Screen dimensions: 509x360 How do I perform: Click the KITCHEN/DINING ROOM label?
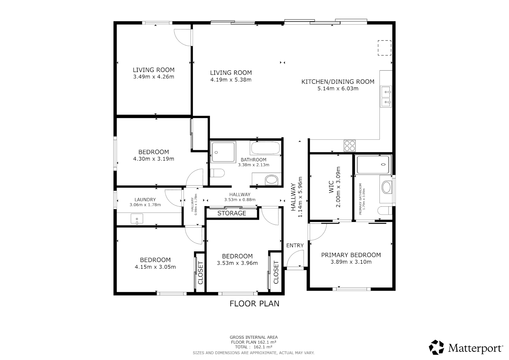338,82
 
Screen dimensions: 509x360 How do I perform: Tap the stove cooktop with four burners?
349,146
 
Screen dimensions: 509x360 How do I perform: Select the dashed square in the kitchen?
384,48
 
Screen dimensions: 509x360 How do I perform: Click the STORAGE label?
232,213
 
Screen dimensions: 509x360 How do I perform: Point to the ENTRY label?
295,245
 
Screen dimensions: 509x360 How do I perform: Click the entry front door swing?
295,259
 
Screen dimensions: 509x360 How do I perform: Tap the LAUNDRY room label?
145,200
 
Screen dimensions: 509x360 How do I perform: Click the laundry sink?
137,219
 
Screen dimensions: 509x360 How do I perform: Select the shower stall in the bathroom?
223,152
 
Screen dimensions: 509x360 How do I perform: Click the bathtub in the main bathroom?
265,148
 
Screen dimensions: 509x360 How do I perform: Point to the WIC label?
331,187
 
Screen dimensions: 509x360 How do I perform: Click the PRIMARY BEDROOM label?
351,255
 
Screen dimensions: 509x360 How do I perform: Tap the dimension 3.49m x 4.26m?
154,77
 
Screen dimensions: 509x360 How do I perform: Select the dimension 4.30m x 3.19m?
154,159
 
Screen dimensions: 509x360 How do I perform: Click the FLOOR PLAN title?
254,304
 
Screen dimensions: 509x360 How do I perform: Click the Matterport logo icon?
436,347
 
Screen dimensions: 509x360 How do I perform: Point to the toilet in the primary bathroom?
385,211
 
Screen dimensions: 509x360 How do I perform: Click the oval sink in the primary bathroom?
386,187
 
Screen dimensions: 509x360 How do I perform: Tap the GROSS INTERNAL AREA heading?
254,337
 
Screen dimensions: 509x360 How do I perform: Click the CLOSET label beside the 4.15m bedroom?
201,273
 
